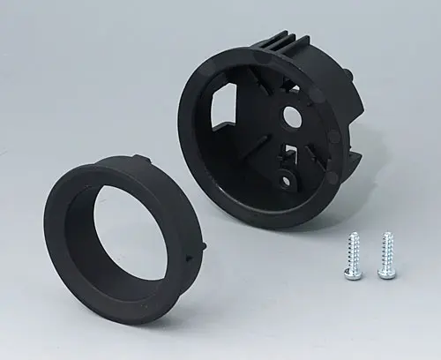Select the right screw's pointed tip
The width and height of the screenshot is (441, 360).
(386, 235)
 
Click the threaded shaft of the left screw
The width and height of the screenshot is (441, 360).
(354, 251)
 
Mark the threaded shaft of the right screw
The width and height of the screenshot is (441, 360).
(386, 251)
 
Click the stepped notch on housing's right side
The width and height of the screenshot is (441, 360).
(353, 163)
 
